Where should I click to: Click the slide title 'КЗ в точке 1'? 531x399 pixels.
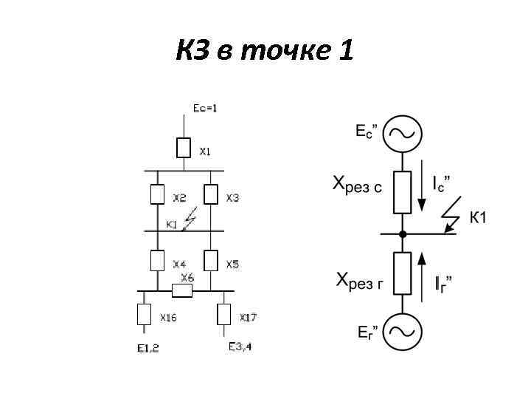coord(265,52)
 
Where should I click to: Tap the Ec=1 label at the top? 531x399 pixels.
coord(205,108)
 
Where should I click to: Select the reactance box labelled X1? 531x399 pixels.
coord(184,148)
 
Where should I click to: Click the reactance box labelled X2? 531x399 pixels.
coord(157,194)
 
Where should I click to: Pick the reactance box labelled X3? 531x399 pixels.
coord(211,194)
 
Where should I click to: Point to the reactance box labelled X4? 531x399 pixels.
coord(157,260)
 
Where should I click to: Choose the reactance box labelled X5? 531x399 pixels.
coord(211,260)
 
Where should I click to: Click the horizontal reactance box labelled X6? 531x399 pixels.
coord(182,291)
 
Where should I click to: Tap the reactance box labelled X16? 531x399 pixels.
coord(145,315)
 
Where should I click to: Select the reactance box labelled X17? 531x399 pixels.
coord(224,315)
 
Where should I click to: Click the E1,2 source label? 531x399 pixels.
coord(147,349)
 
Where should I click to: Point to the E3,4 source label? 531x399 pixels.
coord(240,347)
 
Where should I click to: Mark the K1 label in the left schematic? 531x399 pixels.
coord(172,224)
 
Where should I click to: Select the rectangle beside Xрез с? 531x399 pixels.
coord(402,192)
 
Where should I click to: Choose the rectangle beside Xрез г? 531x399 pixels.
coord(402,273)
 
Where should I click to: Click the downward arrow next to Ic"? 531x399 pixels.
coord(421,191)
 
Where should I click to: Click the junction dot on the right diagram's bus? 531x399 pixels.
coord(402,233)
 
